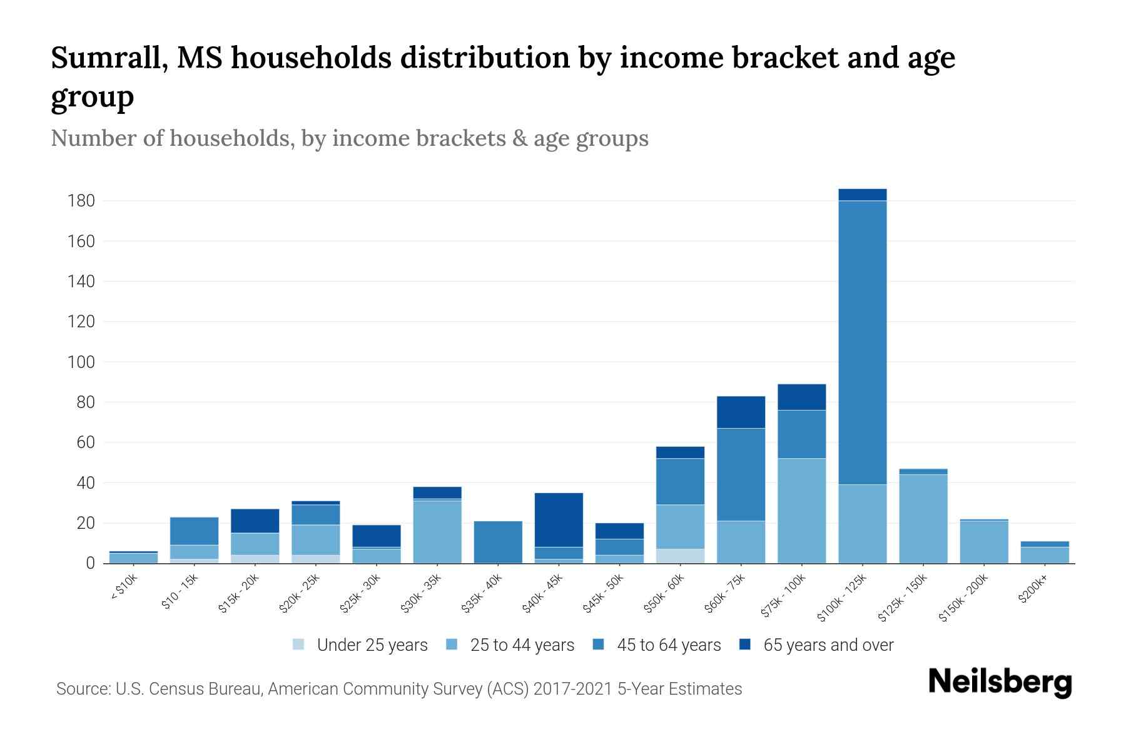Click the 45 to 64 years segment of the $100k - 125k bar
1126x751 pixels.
pos(862,342)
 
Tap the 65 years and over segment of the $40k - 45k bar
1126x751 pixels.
pos(559,519)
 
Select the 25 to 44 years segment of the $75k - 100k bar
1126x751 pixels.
pos(801,511)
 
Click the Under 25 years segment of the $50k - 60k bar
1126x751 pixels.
pos(680,556)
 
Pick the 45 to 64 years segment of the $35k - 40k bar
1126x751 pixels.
pos(498,541)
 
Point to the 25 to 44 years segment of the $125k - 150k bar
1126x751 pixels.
pos(923,518)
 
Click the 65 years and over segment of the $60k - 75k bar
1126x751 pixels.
pos(741,412)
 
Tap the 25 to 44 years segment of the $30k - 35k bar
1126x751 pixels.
pos(437,531)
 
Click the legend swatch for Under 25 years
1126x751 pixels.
pos(299,645)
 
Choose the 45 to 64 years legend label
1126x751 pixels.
pos(668,645)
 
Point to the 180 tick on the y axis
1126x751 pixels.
pos(81,201)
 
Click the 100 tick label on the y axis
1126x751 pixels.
pos(81,362)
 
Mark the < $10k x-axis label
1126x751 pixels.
pos(124,588)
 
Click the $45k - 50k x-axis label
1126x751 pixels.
pos(603,594)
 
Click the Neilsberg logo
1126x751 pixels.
pos(1000,682)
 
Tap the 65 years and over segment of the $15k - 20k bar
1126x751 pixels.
pos(255,521)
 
